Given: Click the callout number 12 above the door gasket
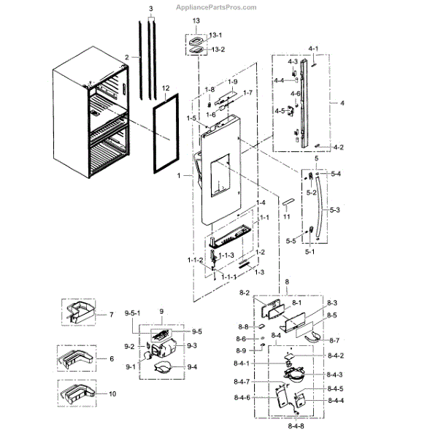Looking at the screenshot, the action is [166, 88].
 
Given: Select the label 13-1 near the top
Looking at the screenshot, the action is [216, 35].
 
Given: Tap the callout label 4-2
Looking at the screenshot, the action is [339, 147].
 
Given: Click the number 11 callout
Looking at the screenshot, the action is [287, 217].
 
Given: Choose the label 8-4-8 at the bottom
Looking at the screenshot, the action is [296, 426].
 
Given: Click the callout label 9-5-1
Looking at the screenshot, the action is [132, 313].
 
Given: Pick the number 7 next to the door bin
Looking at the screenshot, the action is [111, 315].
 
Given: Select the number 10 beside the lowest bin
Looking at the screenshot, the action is [111, 393].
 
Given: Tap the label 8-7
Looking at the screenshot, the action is [334, 340].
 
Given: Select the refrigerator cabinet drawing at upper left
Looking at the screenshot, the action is [91, 120].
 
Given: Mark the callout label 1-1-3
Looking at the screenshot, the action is [227, 255].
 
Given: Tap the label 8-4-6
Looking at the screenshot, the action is [263, 397].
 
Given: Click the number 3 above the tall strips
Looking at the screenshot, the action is [150, 8].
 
